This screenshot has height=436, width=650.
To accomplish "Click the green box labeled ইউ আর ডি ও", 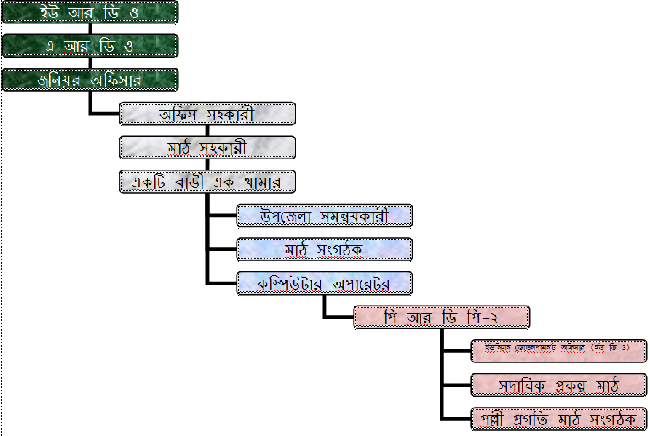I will point(90,12).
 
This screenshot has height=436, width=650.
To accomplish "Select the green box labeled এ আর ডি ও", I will point(90,46).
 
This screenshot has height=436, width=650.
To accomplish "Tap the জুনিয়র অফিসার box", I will point(90,79).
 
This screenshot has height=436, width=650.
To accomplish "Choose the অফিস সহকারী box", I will point(207,114).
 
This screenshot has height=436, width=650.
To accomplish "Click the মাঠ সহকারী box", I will point(207,147).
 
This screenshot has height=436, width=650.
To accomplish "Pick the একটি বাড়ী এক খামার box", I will point(207,181).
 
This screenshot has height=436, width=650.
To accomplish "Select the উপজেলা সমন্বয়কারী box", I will point(325,215).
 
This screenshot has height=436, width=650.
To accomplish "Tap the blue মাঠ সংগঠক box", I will point(325,249).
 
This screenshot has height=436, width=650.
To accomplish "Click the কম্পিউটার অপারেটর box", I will point(325,283).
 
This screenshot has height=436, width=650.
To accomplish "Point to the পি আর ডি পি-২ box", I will point(442,317).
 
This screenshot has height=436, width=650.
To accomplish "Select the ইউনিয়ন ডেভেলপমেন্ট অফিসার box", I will point(559,350).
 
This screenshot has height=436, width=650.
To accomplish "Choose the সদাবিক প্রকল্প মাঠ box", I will point(559,384).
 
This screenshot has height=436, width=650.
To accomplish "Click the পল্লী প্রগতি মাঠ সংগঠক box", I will point(559,419).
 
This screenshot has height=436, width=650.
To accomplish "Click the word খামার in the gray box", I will point(263,182).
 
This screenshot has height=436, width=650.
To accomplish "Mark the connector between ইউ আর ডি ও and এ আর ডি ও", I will point(90,29).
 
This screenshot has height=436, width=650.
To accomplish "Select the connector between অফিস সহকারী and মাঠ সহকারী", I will point(207,130).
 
